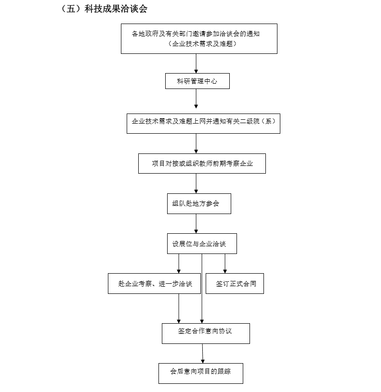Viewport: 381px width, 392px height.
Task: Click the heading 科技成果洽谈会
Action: click(x=116, y=9)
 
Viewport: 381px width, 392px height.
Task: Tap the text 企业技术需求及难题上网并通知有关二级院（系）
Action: click(x=204, y=121)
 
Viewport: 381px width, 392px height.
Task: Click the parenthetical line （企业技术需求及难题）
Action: click(x=202, y=44)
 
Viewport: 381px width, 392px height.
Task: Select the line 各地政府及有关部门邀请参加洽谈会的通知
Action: click(x=196, y=34)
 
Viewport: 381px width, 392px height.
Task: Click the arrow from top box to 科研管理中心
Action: click(x=196, y=63)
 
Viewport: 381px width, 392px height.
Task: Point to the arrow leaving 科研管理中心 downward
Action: click(x=196, y=99)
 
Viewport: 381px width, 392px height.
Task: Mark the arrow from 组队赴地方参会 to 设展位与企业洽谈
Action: click(x=196, y=224)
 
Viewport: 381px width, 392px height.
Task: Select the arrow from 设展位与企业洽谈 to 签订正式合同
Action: click(x=225, y=264)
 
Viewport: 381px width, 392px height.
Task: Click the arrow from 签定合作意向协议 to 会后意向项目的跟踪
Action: click(x=202, y=354)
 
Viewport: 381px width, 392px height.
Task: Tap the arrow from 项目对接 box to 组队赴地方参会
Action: click(x=196, y=184)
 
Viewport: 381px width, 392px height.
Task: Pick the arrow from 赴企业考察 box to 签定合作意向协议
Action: click(x=179, y=308)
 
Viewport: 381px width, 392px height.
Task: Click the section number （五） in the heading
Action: click(x=71, y=9)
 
